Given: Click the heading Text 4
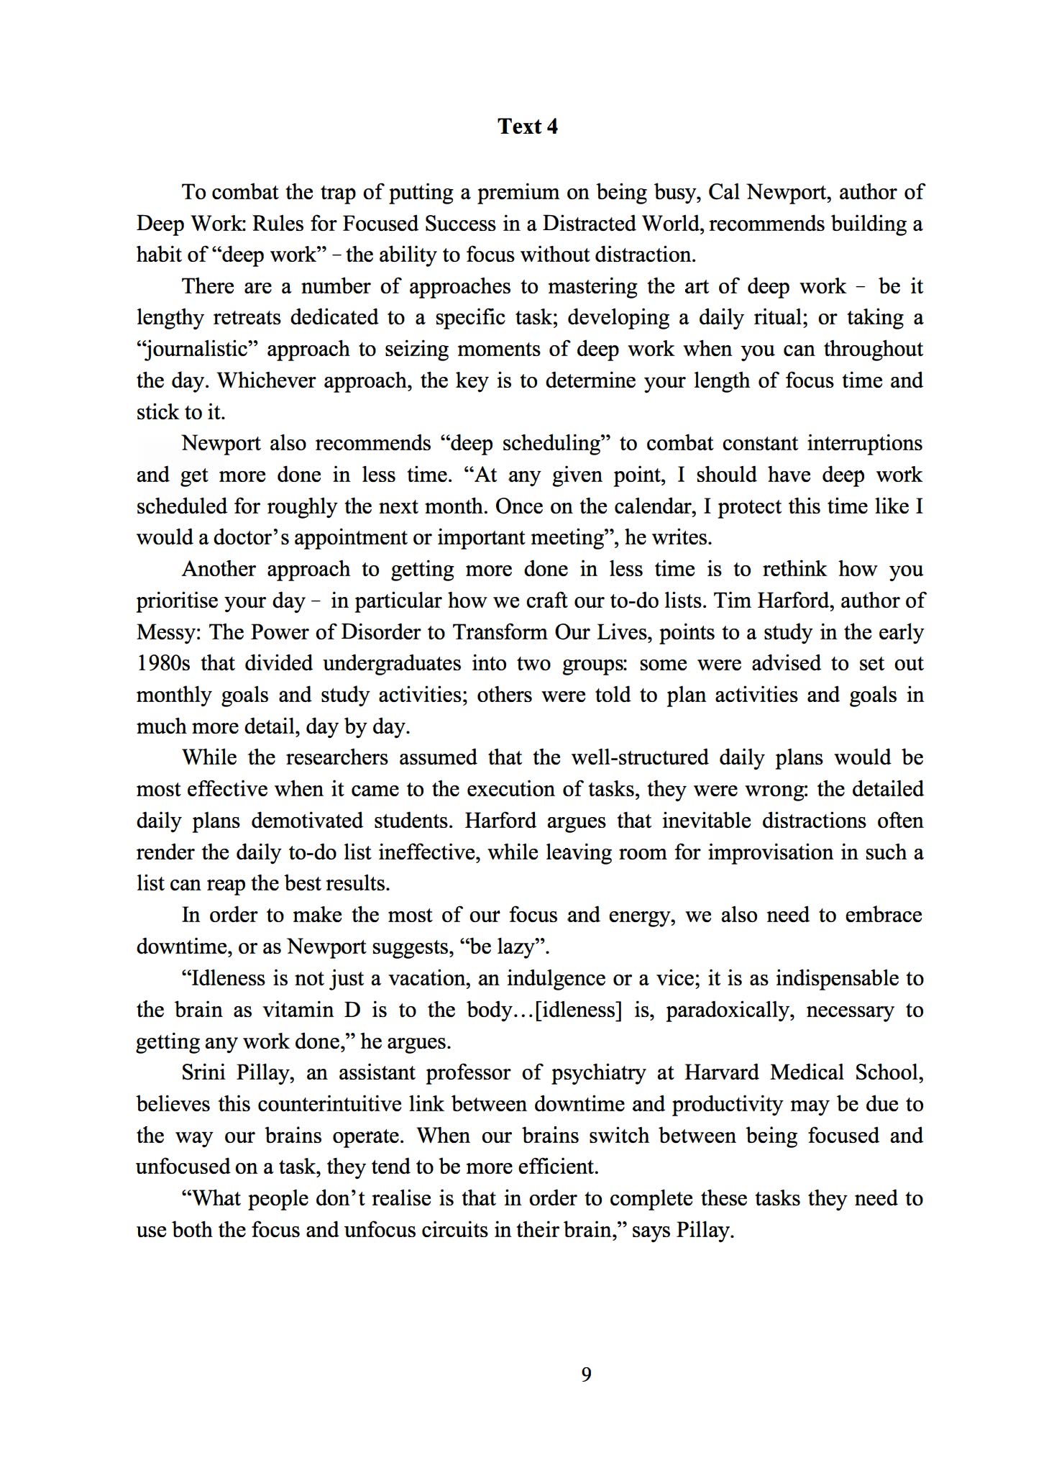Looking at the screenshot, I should (x=527, y=127).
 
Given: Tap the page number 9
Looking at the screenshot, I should (x=586, y=1374).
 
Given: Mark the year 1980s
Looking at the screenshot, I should (x=165, y=663).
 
